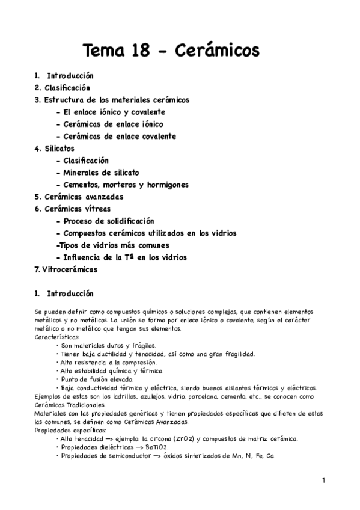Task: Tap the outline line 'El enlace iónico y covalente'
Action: tap(111, 112)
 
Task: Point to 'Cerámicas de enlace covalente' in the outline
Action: tap(115, 136)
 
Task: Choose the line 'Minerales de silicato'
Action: tap(97, 173)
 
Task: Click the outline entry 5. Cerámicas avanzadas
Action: tap(79, 197)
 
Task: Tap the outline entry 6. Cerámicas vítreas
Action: tap(73, 209)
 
